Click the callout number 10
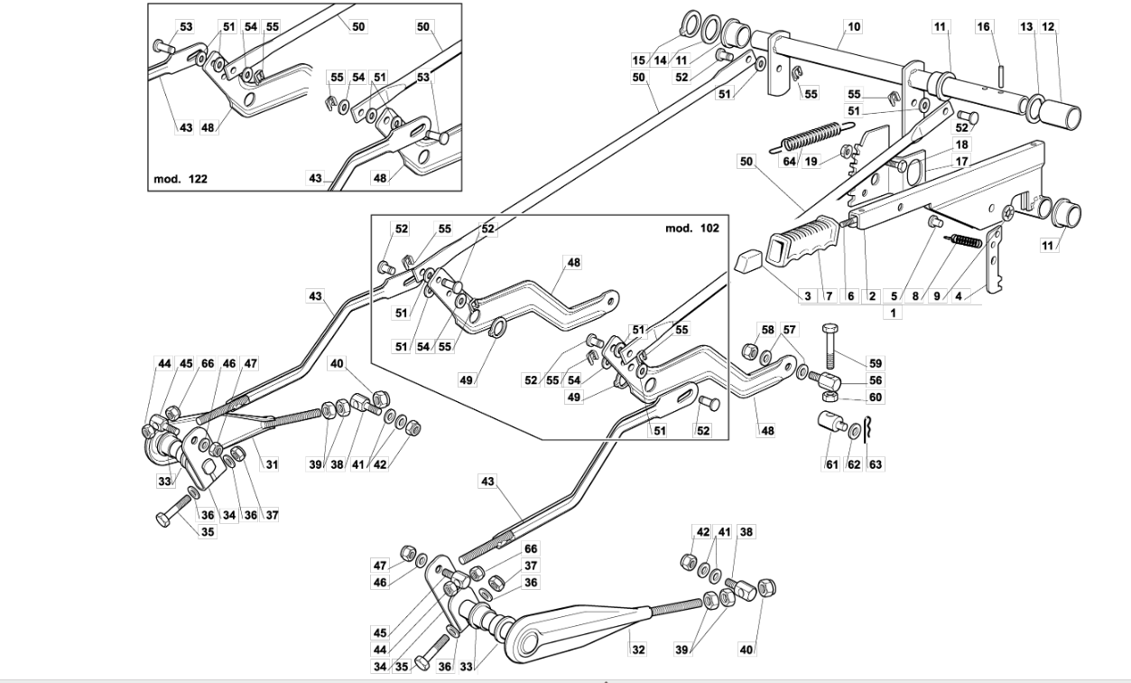(x=853, y=26)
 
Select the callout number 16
(x=983, y=26)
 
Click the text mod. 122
(x=181, y=179)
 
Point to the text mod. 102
(x=691, y=228)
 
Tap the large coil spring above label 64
(x=811, y=136)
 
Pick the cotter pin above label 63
(x=867, y=429)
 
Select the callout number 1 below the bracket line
(x=893, y=313)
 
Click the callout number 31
(x=272, y=464)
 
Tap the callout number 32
(x=638, y=650)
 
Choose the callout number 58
(x=767, y=330)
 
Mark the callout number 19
(x=811, y=161)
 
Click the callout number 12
(x=1048, y=26)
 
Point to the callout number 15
(x=639, y=61)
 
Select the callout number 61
(x=831, y=464)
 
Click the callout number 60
(x=875, y=398)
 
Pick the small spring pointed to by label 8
(x=966, y=241)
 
